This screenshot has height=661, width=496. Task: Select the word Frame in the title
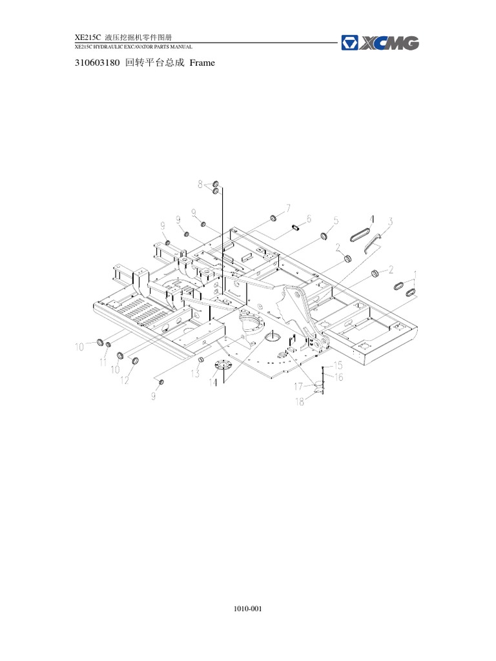tap(201, 63)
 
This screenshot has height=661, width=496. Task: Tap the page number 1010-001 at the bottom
tap(247, 608)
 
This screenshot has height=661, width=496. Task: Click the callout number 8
tap(200, 184)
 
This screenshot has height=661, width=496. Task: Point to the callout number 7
tap(288, 207)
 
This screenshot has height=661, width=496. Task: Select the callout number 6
tap(309, 218)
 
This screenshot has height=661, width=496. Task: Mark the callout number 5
tap(336, 221)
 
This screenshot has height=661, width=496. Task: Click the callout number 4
tap(371, 219)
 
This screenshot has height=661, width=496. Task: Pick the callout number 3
tap(390, 221)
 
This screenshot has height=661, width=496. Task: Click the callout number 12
tap(124, 381)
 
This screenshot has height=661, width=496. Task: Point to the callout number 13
tap(194, 374)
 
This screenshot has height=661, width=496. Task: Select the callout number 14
tap(212, 383)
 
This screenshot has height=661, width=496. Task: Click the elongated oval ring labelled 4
tap(356, 237)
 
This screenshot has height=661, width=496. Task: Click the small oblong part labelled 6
tap(297, 227)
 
